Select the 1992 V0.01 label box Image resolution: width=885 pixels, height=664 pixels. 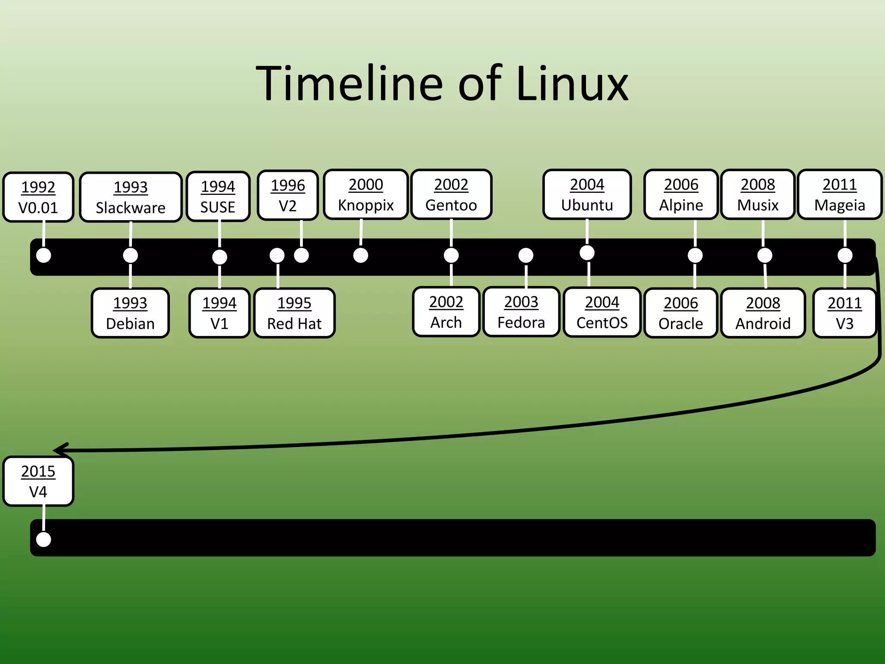point(38,197)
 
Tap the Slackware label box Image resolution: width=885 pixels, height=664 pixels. point(131,197)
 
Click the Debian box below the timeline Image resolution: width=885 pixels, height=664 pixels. point(130,313)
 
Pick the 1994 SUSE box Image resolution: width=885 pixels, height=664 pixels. point(218,196)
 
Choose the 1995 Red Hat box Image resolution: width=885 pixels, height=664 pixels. point(294,313)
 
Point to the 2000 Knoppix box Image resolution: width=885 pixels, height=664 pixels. point(366,195)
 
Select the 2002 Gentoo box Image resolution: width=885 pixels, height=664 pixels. point(451,195)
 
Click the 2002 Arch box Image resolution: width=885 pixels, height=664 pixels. point(446,312)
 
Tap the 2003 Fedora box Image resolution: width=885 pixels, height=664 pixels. point(521,312)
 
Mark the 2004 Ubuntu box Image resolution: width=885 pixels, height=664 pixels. point(587,195)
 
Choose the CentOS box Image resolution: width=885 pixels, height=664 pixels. point(602,312)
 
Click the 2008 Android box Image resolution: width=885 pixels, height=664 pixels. point(763,313)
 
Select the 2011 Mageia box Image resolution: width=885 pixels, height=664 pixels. point(840,195)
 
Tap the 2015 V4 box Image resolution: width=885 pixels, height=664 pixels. point(38,481)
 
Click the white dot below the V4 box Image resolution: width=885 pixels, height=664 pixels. point(44,539)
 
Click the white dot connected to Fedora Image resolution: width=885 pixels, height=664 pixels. point(525,255)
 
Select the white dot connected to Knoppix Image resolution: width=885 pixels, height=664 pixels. point(360,255)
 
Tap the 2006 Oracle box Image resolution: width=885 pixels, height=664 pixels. point(681,313)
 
